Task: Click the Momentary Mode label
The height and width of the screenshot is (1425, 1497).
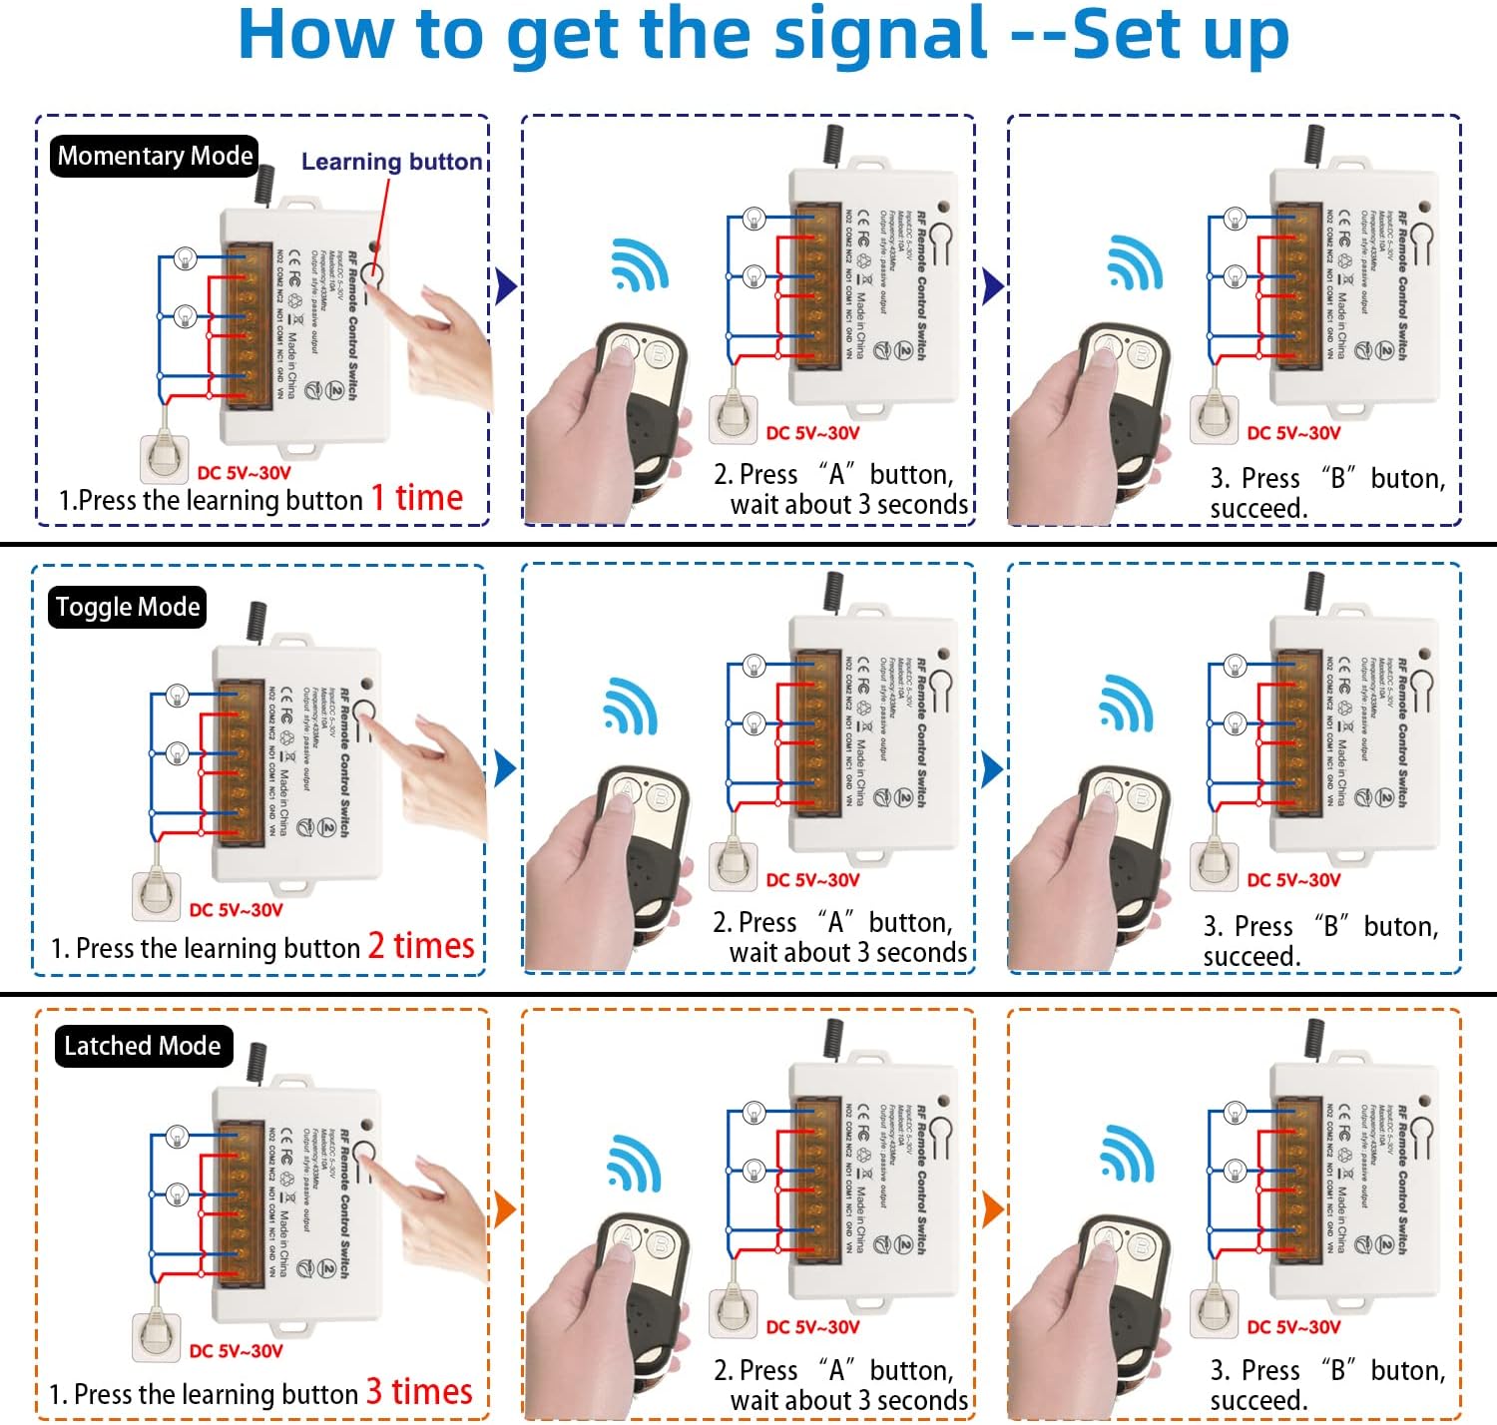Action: pyautogui.click(x=155, y=157)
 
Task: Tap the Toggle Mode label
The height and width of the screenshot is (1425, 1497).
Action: pyautogui.click(x=128, y=607)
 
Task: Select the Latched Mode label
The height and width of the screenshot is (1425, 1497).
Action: pyautogui.click(x=142, y=1046)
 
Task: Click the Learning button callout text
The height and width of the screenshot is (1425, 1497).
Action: pyautogui.click(x=391, y=162)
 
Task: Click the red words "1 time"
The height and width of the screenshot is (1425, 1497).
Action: pyautogui.click(x=417, y=498)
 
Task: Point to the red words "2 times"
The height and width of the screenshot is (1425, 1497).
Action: pyautogui.click(x=420, y=945)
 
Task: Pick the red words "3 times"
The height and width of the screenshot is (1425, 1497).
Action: pyautogui.click(x=419, y=1391)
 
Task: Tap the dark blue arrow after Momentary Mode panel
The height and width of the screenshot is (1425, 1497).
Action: pyautogui.click(x=506, y=287)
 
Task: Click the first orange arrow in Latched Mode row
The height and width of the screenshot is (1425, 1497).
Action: pyautogui.click(x=505, y=1209)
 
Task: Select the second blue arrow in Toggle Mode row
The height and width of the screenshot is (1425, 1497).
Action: pyautogui.click(x=991, y=769)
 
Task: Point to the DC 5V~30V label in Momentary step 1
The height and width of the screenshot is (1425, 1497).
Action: pyautogui.click(x=245, y=473)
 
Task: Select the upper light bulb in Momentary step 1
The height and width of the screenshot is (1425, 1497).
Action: pyautogui.click(x=185, y=258)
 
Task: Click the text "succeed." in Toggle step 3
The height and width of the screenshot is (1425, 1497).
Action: pyautogui.click(x=1252, y=956)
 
